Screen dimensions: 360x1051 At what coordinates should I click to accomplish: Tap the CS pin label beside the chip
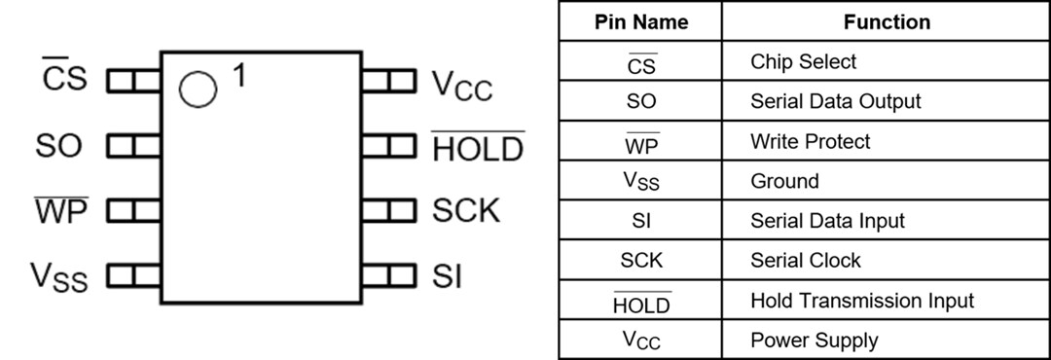point(65,80)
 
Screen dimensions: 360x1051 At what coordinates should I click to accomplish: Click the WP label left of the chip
point(61,211)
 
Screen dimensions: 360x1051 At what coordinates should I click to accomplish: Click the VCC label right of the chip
point(462,85)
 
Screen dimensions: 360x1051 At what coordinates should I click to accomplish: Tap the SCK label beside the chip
point(466,211)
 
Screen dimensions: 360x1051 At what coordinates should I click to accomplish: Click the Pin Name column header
point(640,22)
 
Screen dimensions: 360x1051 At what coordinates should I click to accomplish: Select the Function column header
point(887,22)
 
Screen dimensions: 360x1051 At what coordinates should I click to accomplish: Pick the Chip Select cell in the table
point(803,62)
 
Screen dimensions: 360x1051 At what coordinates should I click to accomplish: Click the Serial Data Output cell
point(835,101)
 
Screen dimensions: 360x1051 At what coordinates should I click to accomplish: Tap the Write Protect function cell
point(810,141)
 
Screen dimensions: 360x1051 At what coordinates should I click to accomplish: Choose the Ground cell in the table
point(784,181)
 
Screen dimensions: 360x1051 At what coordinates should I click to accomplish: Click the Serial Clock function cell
point(805,261)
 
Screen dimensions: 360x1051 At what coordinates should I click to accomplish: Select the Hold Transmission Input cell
point(861,301)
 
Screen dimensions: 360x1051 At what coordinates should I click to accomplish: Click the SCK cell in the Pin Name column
point(640,261)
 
